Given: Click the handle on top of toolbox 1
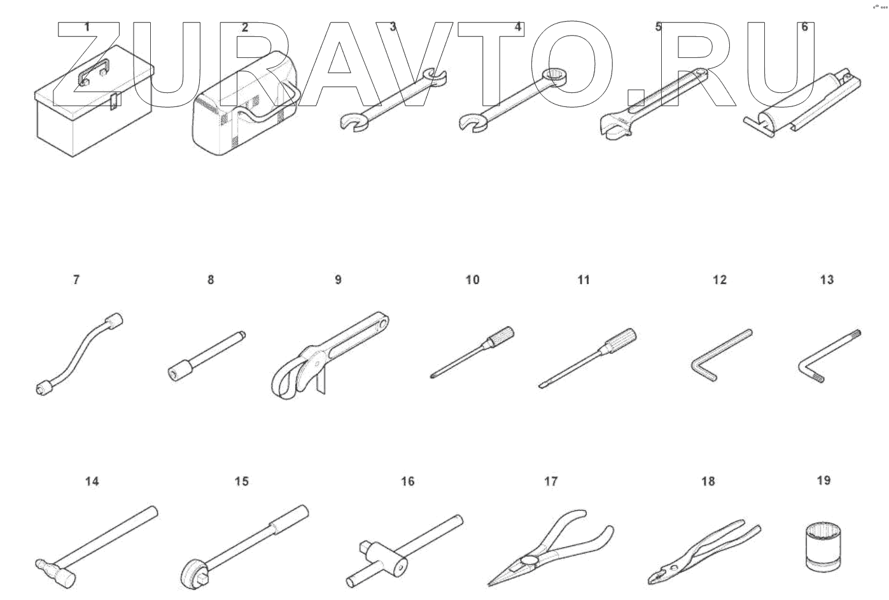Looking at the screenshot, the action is pyautogui.click(x=94, y=70).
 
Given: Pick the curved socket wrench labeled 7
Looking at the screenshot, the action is pyautogui.click(x=79, y=354).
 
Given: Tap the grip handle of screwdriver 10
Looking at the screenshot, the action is pyautogui.click(x=499, y=336).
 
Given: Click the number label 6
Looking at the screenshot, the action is pyautogui.click(x=804, y=27).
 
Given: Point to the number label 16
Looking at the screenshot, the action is pyautogui.click(x=407, y=482).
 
